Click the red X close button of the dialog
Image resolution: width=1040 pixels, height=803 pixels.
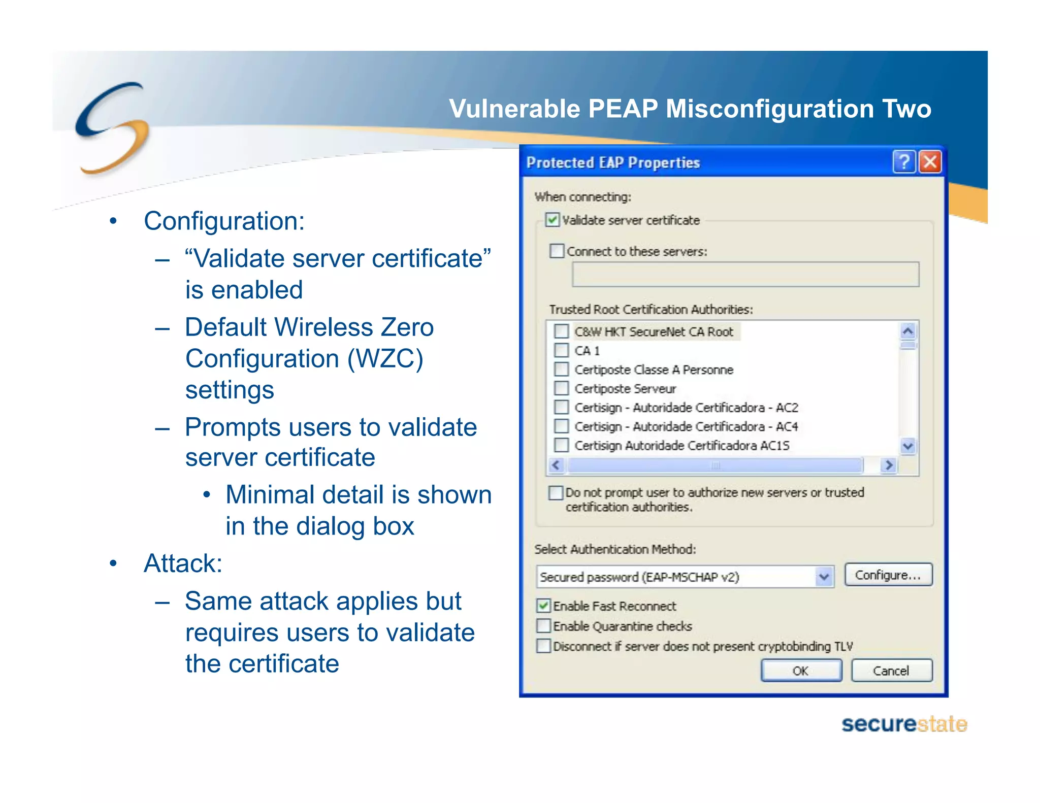click(930, 162)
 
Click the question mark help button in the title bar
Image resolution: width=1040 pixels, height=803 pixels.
click(904, 162)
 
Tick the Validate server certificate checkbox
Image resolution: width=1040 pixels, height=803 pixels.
click(552, 220)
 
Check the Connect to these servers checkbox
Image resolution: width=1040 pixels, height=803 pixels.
click(557, 251)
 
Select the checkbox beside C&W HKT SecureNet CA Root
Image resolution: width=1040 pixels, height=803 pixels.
click(561, 331)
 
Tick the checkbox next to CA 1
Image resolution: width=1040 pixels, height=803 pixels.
click(561, 350)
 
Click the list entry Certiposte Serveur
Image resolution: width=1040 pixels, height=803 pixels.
click(625, 389)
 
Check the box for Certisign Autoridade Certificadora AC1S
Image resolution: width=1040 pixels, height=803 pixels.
click(561, 445)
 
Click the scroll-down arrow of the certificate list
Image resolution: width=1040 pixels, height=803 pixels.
click(908, 446)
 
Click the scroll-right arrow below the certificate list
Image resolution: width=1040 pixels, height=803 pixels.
click(889, 465)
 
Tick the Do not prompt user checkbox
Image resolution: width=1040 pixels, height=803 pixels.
click(556, 492)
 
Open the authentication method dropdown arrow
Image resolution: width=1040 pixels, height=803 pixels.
click(824, 577)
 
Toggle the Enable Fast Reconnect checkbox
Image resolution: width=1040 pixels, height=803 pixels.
click(544, 606)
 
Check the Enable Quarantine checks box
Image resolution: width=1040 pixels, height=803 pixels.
click(544, 626)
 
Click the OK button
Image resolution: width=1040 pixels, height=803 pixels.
click(801, 671)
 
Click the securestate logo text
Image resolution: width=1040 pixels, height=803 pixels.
click(904, 724)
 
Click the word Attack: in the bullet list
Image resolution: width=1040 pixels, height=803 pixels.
click(183, 563)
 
